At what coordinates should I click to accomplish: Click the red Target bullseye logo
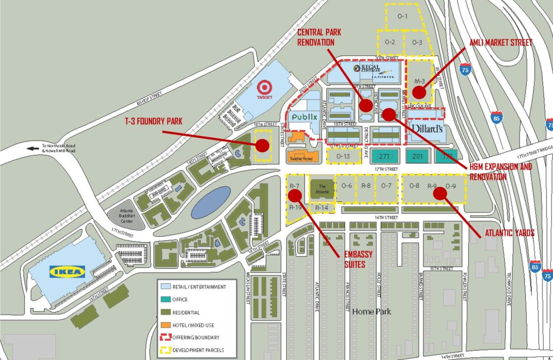pos(265,87)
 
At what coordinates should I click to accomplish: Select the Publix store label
pos(305,117)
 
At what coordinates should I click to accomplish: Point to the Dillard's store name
pos(427,129)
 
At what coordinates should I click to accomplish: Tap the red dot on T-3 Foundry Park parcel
pos(262,145)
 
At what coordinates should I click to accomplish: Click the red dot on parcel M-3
pos(419,92)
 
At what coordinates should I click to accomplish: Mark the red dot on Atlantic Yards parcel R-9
pos(439,193)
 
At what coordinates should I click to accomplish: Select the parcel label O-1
pos(403,16)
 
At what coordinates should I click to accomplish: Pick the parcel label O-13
pos(343,156)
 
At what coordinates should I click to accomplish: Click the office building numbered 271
pos(385,156)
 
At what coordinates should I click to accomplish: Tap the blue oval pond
pos(211,202)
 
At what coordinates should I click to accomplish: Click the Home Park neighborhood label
pos(371,311)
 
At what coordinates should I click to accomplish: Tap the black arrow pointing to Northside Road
pos(33,148)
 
